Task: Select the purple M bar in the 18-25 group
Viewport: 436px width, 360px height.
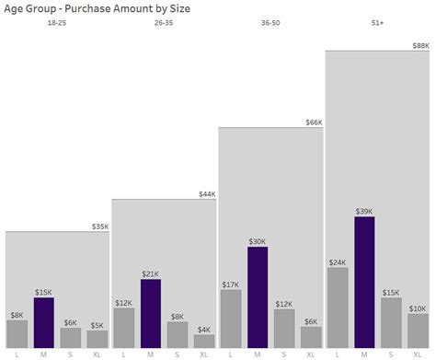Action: [x=44, y=322]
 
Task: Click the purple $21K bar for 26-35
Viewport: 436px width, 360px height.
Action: [x=151, y=313]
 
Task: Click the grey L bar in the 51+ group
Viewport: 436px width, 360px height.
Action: [x=338, y=308]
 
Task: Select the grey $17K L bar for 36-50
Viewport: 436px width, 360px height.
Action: [x=231, y=319]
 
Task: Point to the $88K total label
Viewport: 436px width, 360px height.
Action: [x=420, y=45]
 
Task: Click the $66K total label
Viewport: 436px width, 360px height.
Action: [x=314, y=122]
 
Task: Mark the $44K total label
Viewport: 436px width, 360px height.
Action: [x=207, y=194]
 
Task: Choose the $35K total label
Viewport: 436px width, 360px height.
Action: [x=100, y=226]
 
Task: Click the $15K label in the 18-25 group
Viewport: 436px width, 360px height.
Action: [x=44, y=292]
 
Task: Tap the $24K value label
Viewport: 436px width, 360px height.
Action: [x=338, y=262]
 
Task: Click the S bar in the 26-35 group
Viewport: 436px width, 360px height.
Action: [x=178, y=334]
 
